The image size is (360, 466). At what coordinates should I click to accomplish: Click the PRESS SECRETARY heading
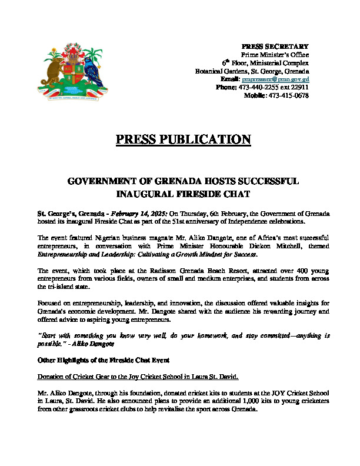click(275, 46)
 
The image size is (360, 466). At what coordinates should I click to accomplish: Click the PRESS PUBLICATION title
click(184, 139)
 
